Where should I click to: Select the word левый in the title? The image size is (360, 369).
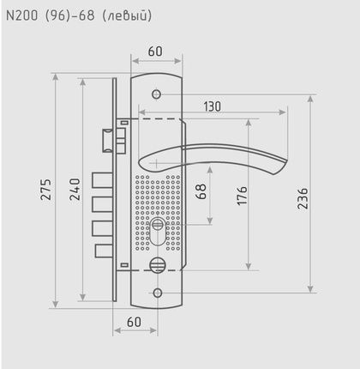coord(132,15)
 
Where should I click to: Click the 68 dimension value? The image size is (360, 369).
coord(201,191)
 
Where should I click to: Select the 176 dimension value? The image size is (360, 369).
coord(243,195)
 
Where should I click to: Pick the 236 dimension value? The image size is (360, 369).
coord(302,199)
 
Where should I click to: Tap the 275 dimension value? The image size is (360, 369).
coord(46,190)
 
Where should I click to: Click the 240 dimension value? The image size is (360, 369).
coord(75,190)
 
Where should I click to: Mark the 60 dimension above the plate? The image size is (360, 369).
coord(155,51)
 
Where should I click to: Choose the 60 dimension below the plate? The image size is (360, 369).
coord(134,321)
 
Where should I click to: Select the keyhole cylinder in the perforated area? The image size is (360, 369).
coord(156,232)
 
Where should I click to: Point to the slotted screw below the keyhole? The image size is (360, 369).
coord(156,264)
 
